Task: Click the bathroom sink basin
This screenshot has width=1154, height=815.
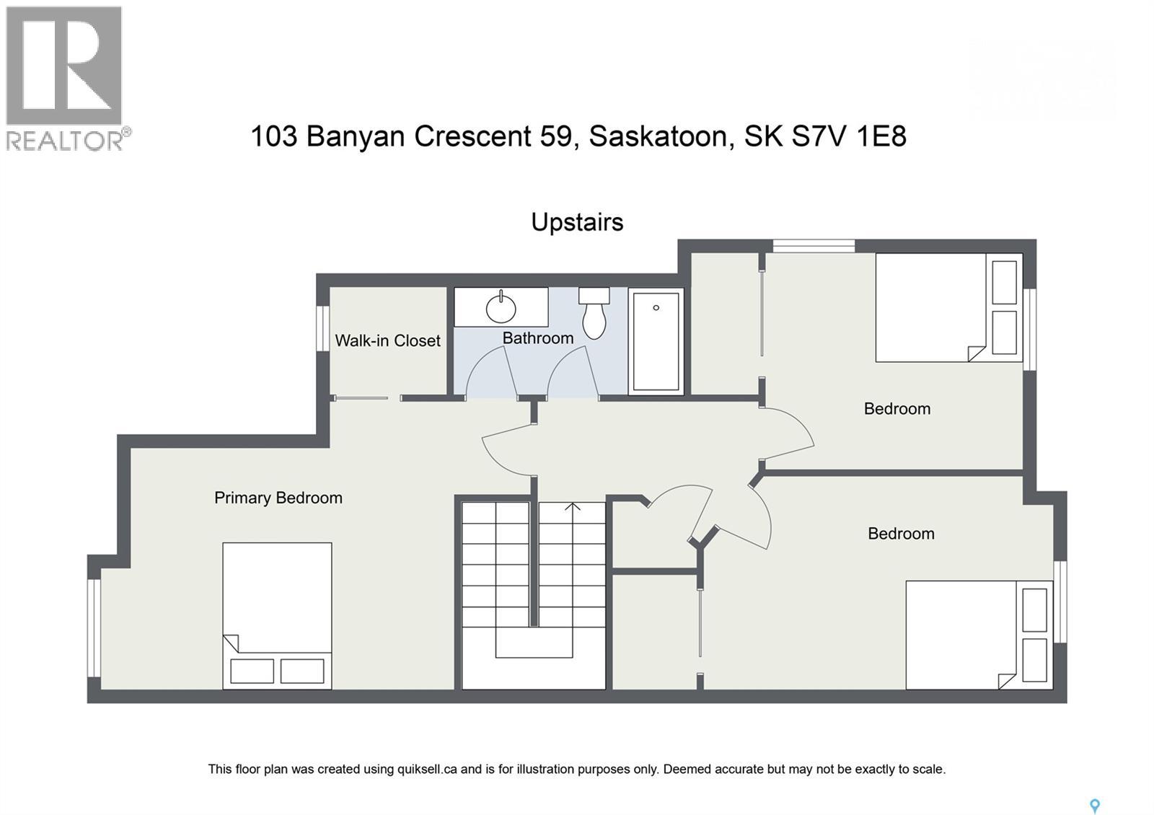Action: click(x=501, y=309)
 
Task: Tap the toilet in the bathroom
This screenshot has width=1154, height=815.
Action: click(x=594, y=317)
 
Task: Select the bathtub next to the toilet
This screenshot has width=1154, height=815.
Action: click(x=656, y=341)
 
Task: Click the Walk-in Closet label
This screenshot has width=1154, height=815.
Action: click(x=387, y=340)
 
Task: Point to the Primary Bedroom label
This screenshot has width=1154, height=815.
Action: click(x=278, y=498)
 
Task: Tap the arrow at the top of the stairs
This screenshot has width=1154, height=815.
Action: click(x=573, y=507)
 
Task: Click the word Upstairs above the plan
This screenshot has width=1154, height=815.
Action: click(x=577, y=222)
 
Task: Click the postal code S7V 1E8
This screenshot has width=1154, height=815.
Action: click(x=849, y=136)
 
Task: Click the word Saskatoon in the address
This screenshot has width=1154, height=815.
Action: click(x=658, y=136)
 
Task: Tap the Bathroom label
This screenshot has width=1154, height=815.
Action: click(x=538, y=338)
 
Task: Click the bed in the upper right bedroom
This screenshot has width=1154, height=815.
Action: click(x=948, y=307)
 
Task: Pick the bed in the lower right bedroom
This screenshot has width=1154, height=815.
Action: click(x=977, y=635)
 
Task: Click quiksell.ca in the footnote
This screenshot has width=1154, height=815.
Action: click(x=427, y=769)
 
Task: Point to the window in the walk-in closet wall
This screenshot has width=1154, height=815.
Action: click(x=323, y=328)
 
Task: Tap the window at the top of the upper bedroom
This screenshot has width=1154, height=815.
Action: click(x=814, y=246)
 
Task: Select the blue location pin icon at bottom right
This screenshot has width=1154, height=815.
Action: click(x=1094, y=806)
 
